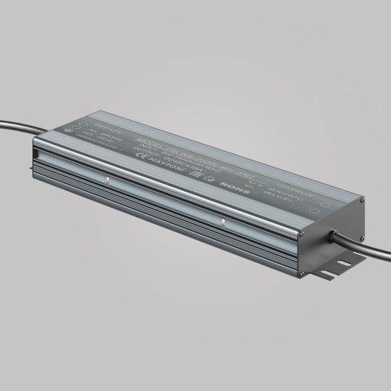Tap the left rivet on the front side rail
(108, 179)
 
